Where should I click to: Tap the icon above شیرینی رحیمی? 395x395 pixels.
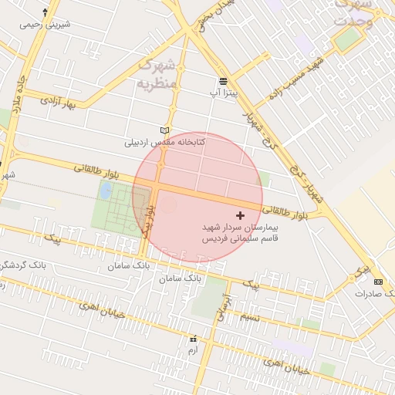coord(46,12)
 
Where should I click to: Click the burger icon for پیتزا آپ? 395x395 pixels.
coord(223,81)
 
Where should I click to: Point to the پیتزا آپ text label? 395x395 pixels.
coord(223,93)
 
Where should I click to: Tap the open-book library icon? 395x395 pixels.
coord(163,130)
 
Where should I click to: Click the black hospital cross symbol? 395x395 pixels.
coord(240,214)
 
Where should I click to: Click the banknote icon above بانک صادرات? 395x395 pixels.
coord(378,282)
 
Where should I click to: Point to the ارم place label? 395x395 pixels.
coord(193,349)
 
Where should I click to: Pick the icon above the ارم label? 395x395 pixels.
coord(193,338)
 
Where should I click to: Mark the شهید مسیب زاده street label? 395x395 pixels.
coord(292,83)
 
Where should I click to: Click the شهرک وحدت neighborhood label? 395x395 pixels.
coord(353,13)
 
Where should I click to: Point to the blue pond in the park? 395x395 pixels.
coord(105,191)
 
